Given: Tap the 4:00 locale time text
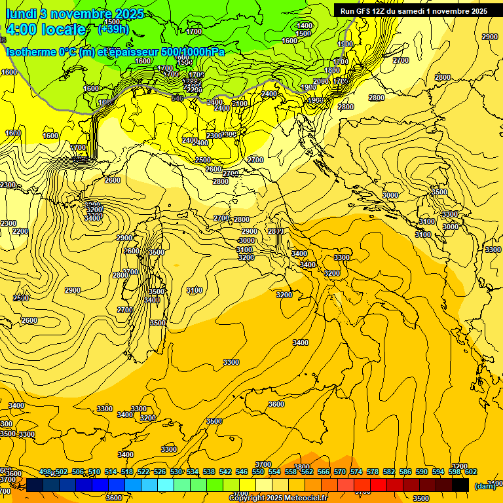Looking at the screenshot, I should (x=46, y=29).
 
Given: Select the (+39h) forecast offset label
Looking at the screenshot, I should (x=113, y=29).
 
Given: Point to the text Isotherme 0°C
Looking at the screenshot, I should (x=41, y=52).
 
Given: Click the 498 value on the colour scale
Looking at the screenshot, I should (x=45, y=472).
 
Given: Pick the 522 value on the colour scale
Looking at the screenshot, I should (x=143, y=472).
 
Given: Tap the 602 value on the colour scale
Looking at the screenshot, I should (x=470, y=472).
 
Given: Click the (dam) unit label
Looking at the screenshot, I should (x=485, y=485).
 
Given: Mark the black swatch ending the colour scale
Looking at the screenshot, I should (x=460, y=485).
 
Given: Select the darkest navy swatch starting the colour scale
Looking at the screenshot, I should (x=35, y=485).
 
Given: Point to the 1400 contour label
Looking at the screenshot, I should (x=305, y=26).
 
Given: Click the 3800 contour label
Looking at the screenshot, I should (x=302, y=468).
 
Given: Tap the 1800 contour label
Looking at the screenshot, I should (x=332, y=71).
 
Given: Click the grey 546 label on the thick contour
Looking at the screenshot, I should (x=177, y=98).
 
